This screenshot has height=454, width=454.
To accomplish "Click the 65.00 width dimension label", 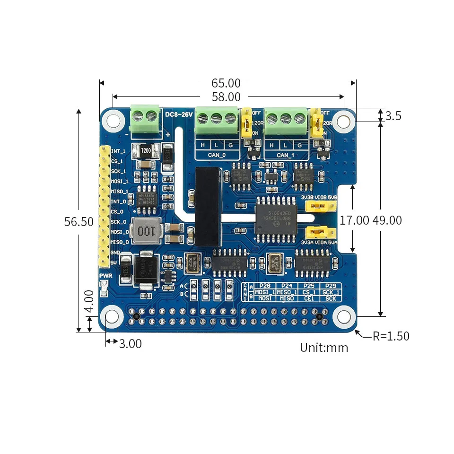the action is point(226,83).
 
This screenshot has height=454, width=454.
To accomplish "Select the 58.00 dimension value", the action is point(226,97).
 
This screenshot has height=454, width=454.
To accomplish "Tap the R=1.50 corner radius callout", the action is point(391,336).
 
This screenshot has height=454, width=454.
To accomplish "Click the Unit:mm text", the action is point(324,348).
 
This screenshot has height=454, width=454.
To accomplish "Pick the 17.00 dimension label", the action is point(354,220).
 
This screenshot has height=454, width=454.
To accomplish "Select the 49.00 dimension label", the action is point(387,220).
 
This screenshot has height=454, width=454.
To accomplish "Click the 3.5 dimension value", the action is point(393,116).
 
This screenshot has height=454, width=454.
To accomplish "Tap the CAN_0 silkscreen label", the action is point(217,155).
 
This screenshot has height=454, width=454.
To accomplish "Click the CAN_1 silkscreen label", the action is point(285,155).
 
